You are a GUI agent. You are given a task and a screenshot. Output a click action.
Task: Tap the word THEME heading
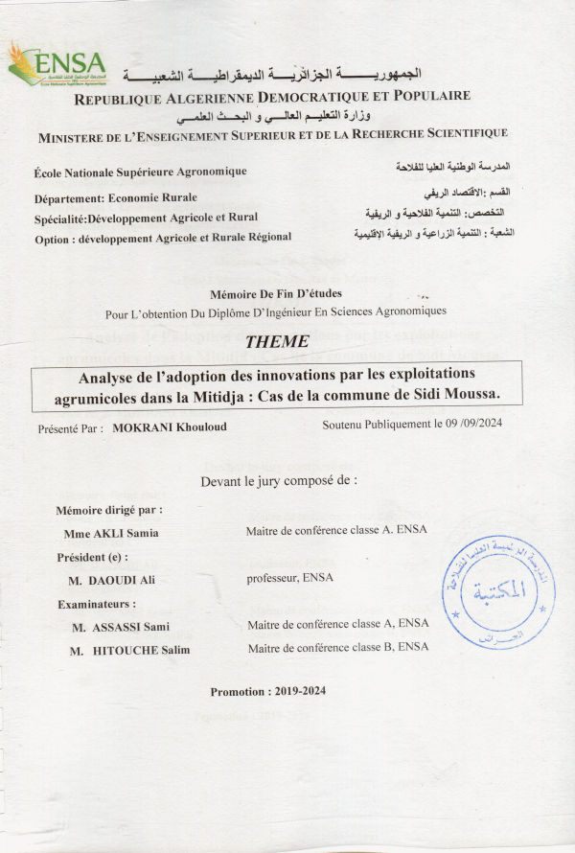[277, 341]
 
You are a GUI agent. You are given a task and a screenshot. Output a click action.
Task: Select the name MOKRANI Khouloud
[170, 426]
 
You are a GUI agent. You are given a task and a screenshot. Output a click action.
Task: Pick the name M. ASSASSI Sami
[120, 627]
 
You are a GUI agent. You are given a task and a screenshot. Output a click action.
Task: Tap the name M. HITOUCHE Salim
[130, 651]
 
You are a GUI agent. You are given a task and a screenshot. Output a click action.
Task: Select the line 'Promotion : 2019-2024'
[268, 692]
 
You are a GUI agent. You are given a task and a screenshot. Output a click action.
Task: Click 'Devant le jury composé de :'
[278, 480]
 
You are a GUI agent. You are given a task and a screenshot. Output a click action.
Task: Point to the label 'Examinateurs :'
[97, 604]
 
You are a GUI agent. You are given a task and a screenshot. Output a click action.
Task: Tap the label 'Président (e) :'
[92, 557]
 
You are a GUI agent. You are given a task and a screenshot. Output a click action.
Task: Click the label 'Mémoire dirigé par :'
[109, 510]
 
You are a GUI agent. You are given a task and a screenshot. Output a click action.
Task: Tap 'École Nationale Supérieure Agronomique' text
[140, 172]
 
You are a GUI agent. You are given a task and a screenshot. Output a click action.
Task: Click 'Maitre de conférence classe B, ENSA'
[338, 648]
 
